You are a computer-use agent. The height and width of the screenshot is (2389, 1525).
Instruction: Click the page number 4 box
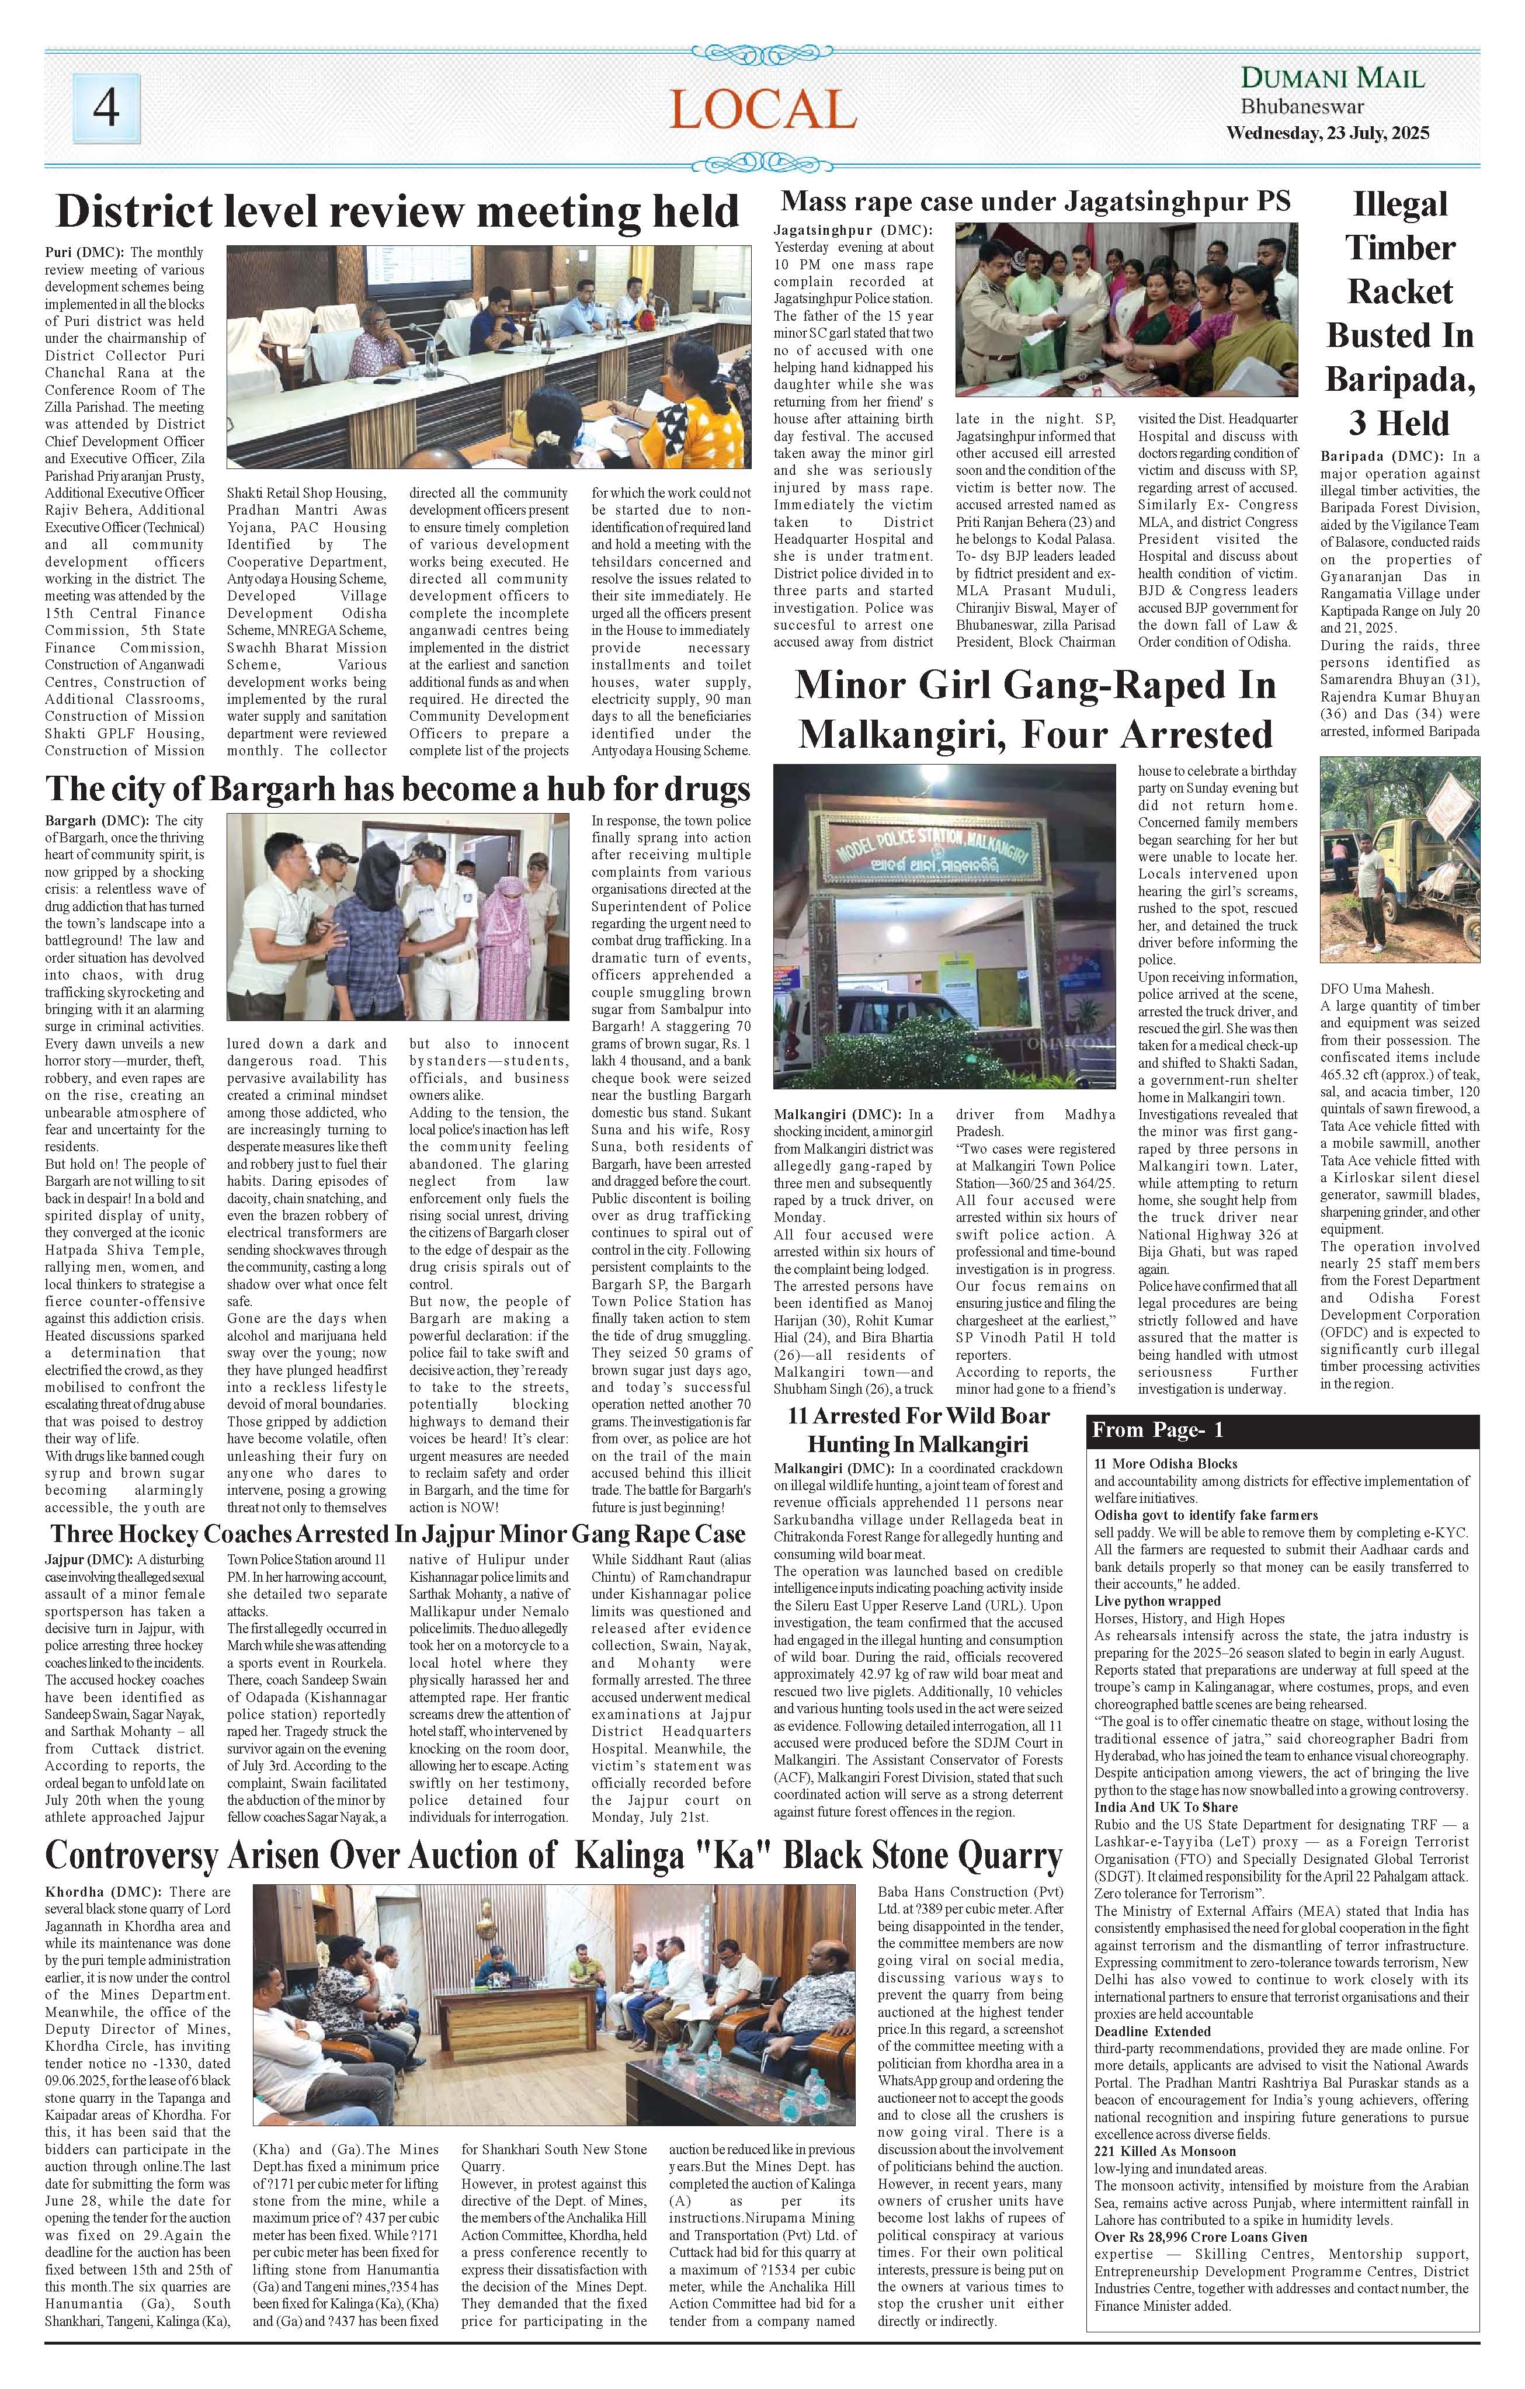[106, 109]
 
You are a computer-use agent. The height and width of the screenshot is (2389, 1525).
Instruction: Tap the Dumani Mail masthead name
[1332, 78]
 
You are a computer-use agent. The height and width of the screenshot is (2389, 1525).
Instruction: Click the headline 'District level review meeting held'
[398, 212]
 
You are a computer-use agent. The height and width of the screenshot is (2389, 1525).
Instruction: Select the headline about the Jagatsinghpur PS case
[1036, 202]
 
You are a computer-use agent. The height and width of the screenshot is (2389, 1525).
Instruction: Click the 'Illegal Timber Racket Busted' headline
[1399, 312]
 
